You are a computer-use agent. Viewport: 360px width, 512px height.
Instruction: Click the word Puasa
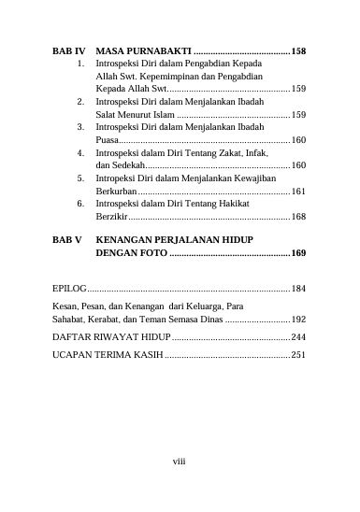tap(108, 139)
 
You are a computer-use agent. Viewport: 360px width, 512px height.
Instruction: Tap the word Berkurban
tap(116, 191)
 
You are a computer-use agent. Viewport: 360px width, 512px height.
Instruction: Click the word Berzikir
tap(112, 216)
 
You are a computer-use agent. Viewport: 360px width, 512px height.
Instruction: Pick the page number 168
tap(299, 216)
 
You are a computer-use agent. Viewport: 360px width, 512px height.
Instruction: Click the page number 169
tap(299, 253)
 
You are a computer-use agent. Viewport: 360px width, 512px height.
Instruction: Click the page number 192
tap(299, 320)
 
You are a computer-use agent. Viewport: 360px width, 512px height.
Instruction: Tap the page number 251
tap(299, 355)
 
